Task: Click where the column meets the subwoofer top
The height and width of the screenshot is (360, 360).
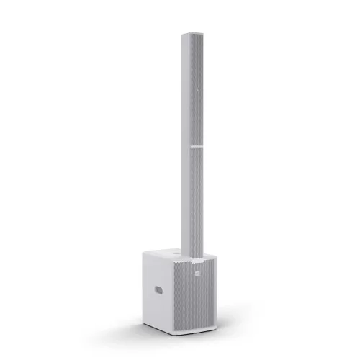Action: [x=192, y=256]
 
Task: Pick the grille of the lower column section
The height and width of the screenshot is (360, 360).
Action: [x=194, y=202]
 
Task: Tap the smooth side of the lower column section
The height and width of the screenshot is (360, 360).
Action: [x=186, y=202]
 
